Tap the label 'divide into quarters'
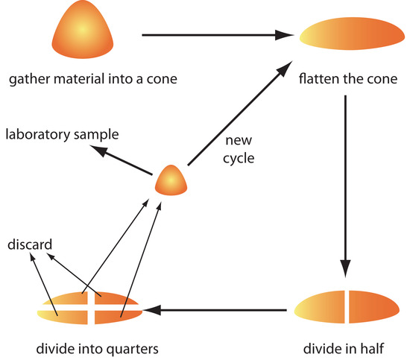(x=91, y=347)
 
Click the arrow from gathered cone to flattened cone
(x=216, y=34)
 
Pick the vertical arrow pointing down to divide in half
(x=345, y=186)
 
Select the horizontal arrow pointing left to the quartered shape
(x=216, y=307)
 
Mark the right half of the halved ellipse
(x=371, y=307)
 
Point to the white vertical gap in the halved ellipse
(x=346, y=307)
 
